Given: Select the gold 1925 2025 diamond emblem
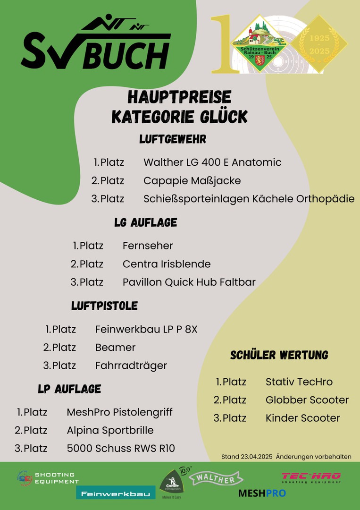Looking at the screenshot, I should (319, 44).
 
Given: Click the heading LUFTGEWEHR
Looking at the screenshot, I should (173, 139).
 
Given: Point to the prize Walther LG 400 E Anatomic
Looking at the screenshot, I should (212, 162).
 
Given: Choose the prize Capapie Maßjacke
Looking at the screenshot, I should (192, 181).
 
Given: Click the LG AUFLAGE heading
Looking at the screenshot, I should (145, 222).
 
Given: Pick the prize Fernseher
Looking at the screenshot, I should (148, 246).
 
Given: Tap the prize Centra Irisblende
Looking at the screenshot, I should (167, 264).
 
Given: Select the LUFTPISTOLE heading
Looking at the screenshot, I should (104, 306).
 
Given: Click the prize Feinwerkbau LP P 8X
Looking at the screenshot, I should (146, 330).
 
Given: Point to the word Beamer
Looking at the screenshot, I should (115, 348).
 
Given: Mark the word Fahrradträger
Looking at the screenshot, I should (131, 366).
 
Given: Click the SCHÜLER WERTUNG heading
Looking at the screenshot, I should (279, 355).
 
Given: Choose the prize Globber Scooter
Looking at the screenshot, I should (307, 400).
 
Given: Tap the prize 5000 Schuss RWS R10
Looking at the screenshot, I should (121, 449).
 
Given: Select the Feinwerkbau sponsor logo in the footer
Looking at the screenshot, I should (116, 493).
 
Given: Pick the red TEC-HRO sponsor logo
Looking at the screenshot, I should (311, 477).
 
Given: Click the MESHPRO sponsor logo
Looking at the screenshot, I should (262, 493).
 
